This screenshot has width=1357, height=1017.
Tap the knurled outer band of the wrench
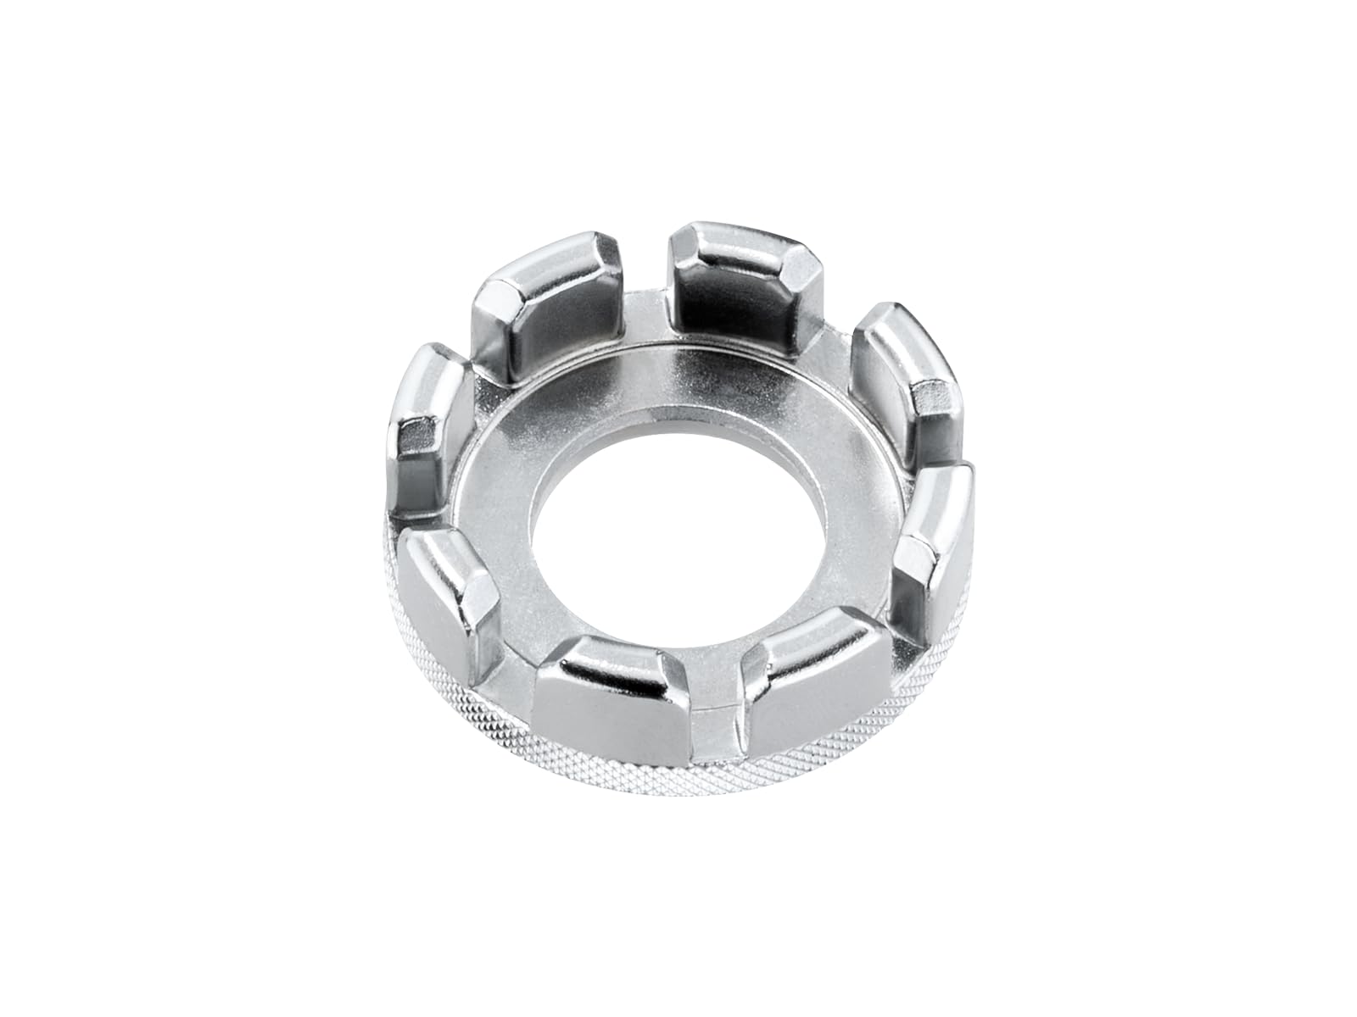[x=594, y=763]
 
